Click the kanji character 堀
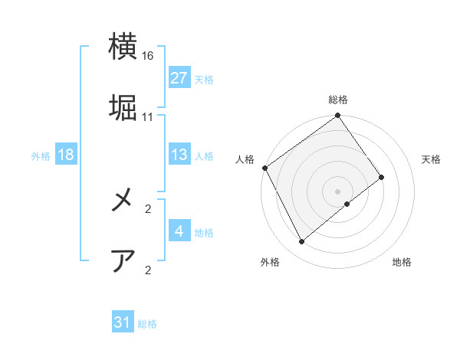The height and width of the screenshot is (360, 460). point(123,107)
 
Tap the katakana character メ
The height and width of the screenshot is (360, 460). point(123,200)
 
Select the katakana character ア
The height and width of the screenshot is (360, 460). point(123,260)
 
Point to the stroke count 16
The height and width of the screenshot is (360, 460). point(148,57)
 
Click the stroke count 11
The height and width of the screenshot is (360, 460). point(148,117)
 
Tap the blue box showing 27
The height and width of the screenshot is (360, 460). point(179,77)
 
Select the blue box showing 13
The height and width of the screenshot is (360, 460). point(179,155)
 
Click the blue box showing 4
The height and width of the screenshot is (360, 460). point(179,231)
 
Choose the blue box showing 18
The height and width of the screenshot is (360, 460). point(65,155)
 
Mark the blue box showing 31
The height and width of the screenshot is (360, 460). point(122,322)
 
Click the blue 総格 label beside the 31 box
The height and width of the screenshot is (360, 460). point(147,324)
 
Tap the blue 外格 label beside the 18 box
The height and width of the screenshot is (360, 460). point(41,155)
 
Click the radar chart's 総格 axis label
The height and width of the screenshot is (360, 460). point(338,100)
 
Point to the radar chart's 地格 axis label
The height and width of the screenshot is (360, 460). point(402,262)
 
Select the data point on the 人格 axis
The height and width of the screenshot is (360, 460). point(264,168)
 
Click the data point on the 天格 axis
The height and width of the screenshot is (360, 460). point(382,177)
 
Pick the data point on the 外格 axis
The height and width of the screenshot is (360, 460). point(302,242)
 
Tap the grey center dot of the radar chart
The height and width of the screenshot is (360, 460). point(338,191)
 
